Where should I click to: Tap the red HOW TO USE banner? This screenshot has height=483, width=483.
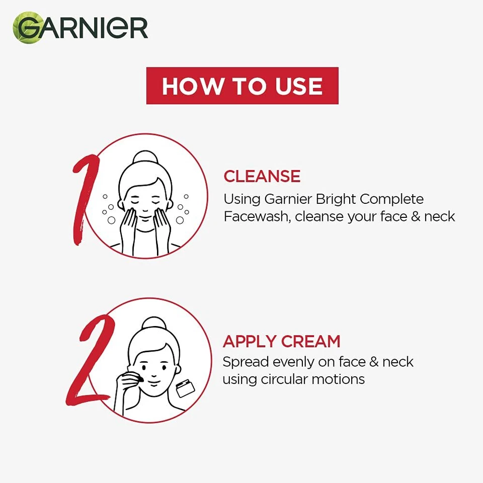point(242,86)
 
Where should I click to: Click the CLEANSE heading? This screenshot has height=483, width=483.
point(262,176)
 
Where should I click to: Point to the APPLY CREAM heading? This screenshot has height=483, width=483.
point(281,341)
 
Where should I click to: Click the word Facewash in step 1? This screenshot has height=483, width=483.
point(257,217)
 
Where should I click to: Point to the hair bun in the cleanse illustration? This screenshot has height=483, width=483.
point(145,157)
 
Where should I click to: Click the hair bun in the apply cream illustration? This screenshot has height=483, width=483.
point(149,324)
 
